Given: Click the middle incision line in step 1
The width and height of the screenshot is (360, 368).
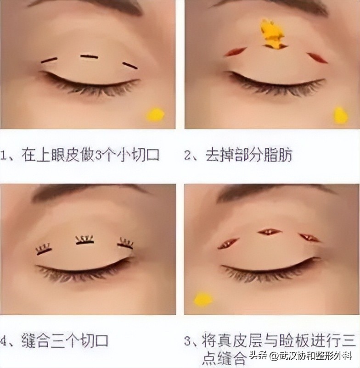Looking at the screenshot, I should (x=89, y=57).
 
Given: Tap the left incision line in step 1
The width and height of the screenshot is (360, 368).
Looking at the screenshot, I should (x=49, y=60).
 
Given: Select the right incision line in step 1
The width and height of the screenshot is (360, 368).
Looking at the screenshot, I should (x=130, y=66).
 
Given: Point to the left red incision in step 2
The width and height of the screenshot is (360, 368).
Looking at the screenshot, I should (x=236, y=52).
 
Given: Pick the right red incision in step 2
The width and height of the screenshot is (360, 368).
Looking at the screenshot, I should (x=317, y=58).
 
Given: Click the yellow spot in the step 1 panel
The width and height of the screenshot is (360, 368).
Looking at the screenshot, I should (x=156, y=114).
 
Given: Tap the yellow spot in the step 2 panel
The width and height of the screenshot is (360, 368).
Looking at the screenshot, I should (x=340, y=115).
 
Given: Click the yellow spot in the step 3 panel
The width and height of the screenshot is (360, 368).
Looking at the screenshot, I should (x=203, y=299).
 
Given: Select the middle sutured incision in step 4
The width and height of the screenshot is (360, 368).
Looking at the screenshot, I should (x=85, y=240).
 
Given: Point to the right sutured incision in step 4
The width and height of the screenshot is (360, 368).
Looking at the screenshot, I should (x=125, y=244).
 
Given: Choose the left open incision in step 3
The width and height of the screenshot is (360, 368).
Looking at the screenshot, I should (x=228, y=244).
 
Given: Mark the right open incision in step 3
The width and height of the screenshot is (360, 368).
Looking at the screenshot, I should (x=309, y=237).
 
